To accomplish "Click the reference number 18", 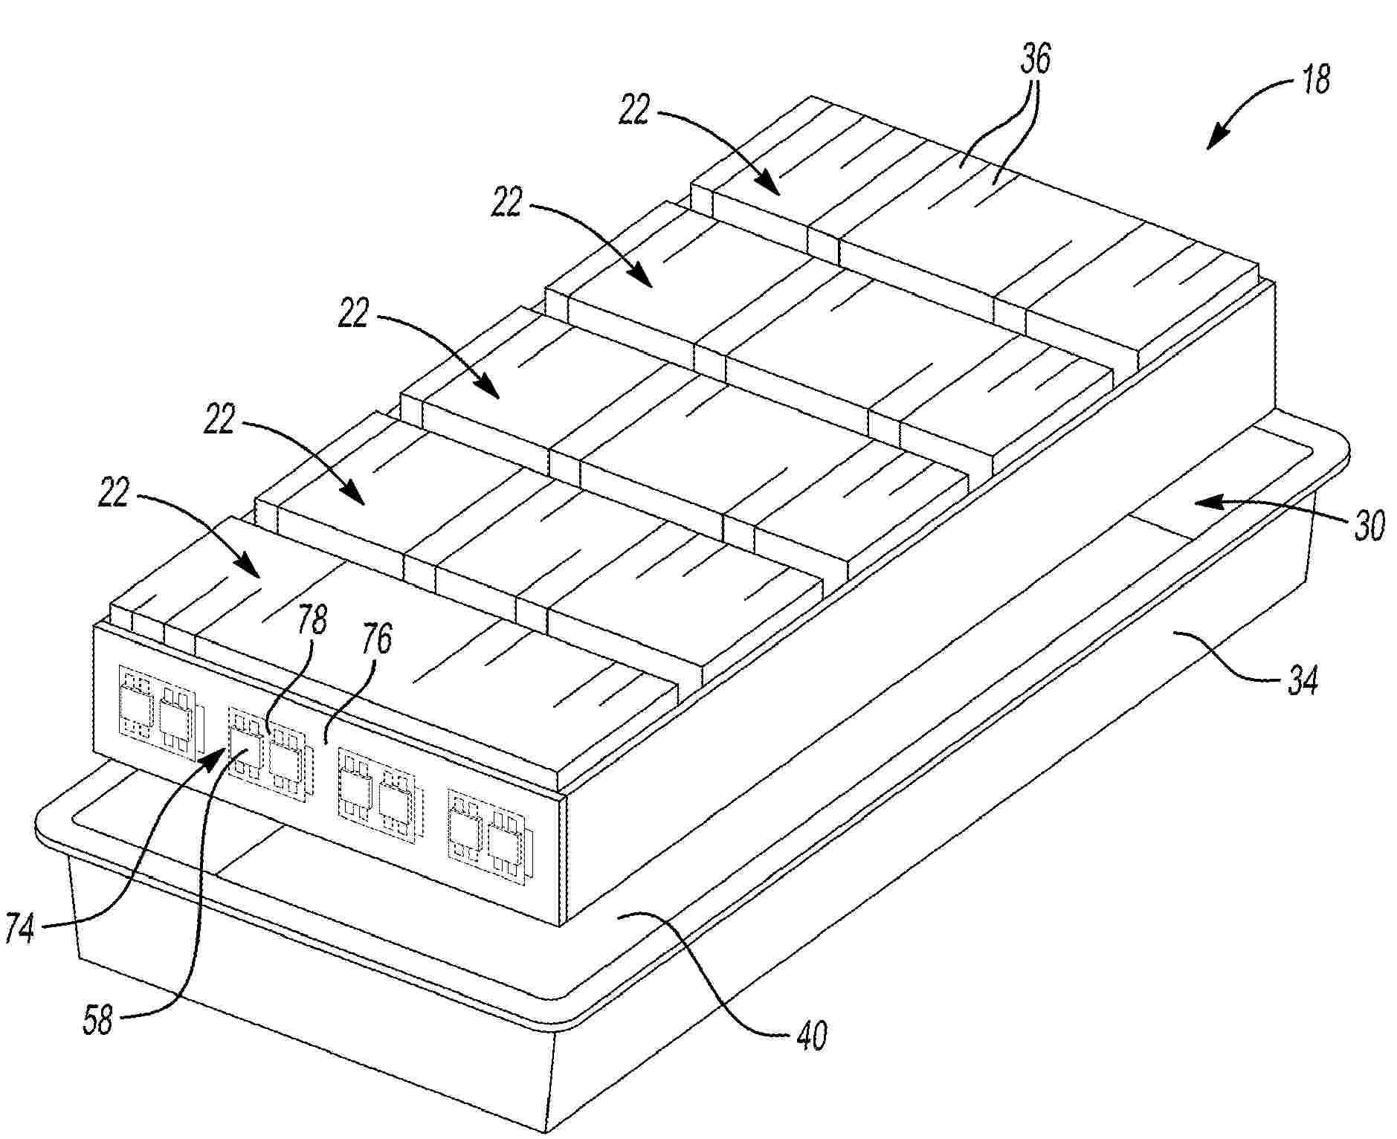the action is point(1315,80).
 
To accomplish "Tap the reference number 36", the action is point(1034,59).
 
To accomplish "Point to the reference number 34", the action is point(1302,680).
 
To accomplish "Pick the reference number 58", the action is point(97,1020).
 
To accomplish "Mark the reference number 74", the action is point(19,928).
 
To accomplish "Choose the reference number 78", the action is point(312,619).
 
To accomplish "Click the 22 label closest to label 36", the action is point(634,112).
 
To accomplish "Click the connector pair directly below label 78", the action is point(268,752).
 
